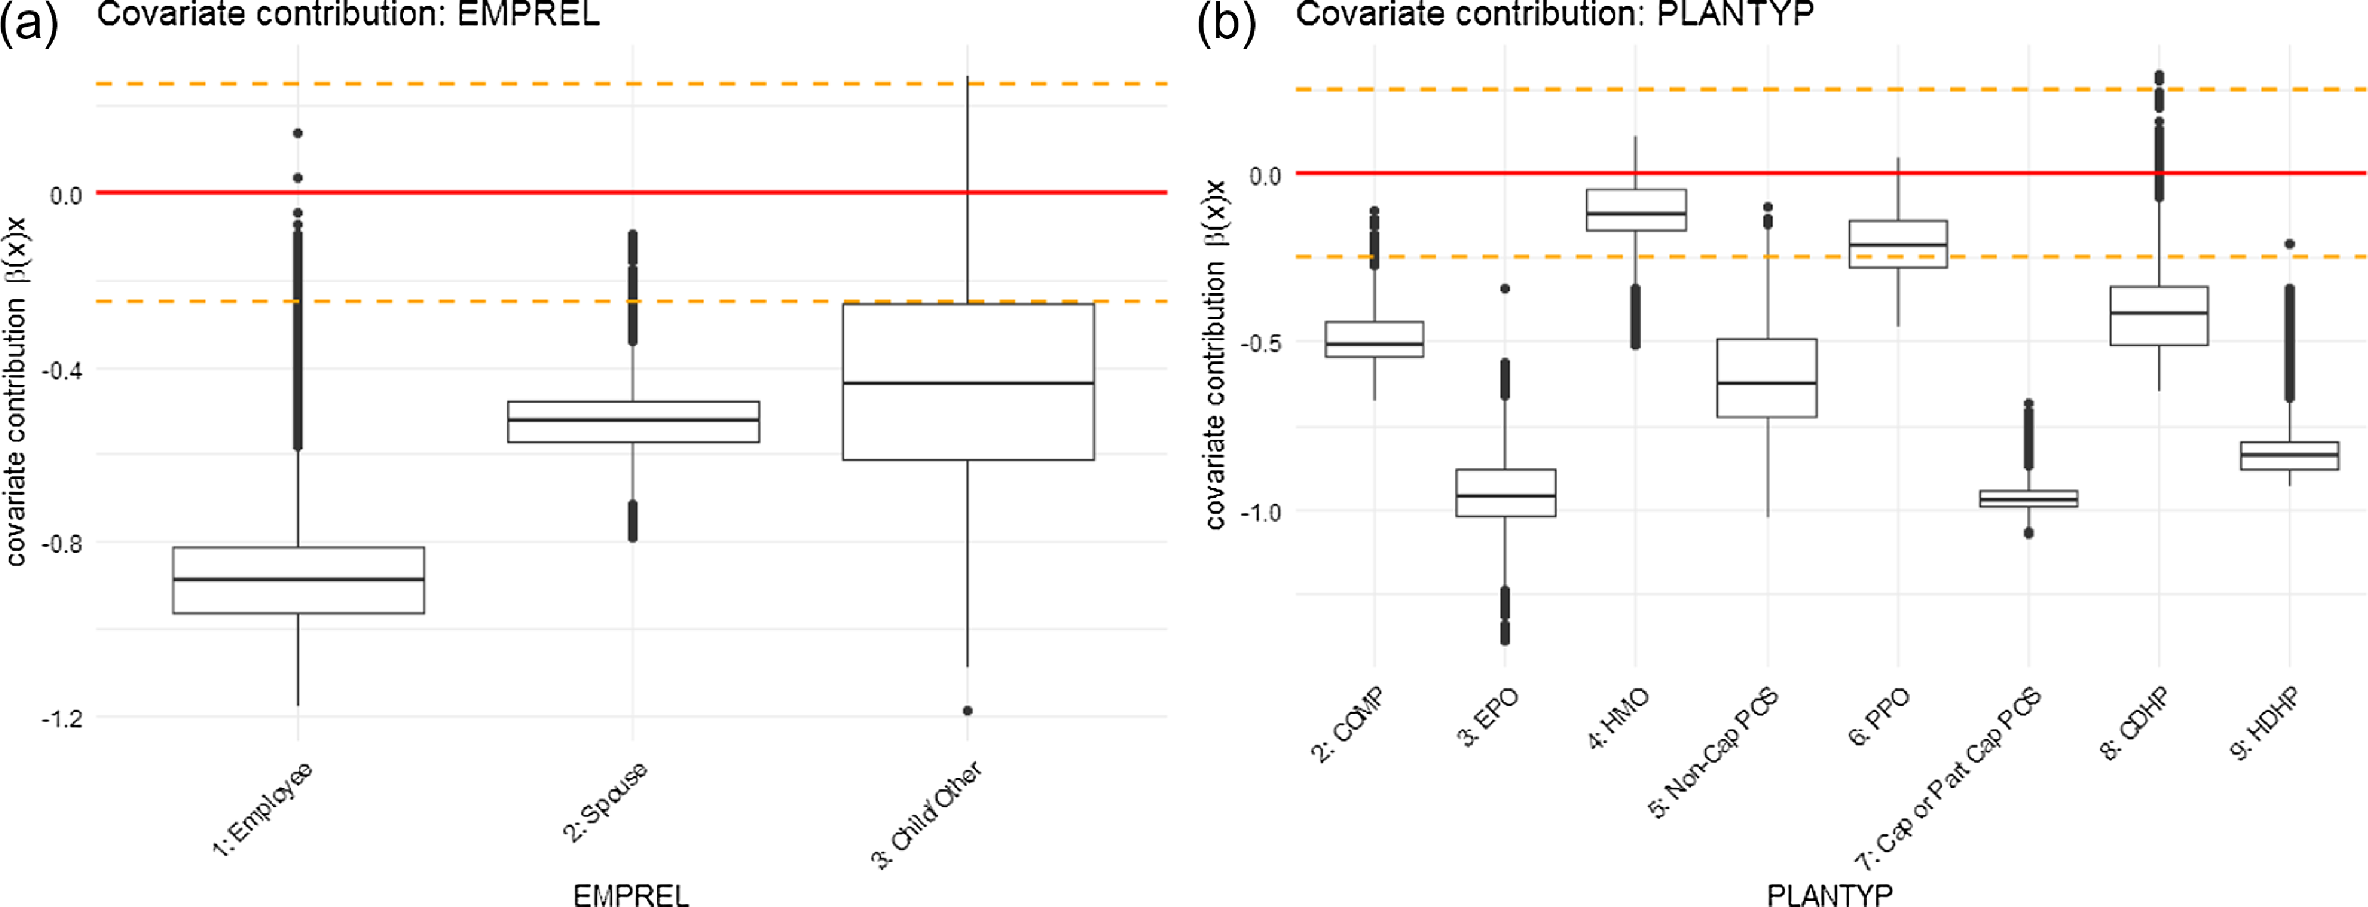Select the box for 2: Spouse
[633, 422]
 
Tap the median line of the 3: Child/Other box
[968, 382]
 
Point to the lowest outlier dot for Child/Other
[968, 710]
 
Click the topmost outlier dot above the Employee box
[298, 133]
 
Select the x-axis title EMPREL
[631, 894]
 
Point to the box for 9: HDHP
[2289, 456]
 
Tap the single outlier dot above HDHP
[2289, 244]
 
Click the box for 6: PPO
[1899, 244]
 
